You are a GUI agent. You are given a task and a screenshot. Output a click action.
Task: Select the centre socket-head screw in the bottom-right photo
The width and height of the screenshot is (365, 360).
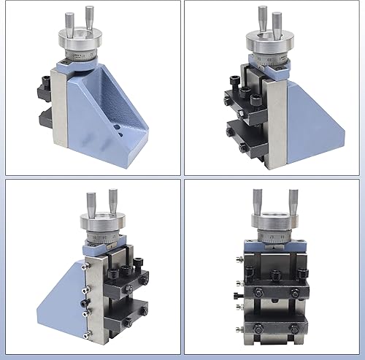tap(274, 275)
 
